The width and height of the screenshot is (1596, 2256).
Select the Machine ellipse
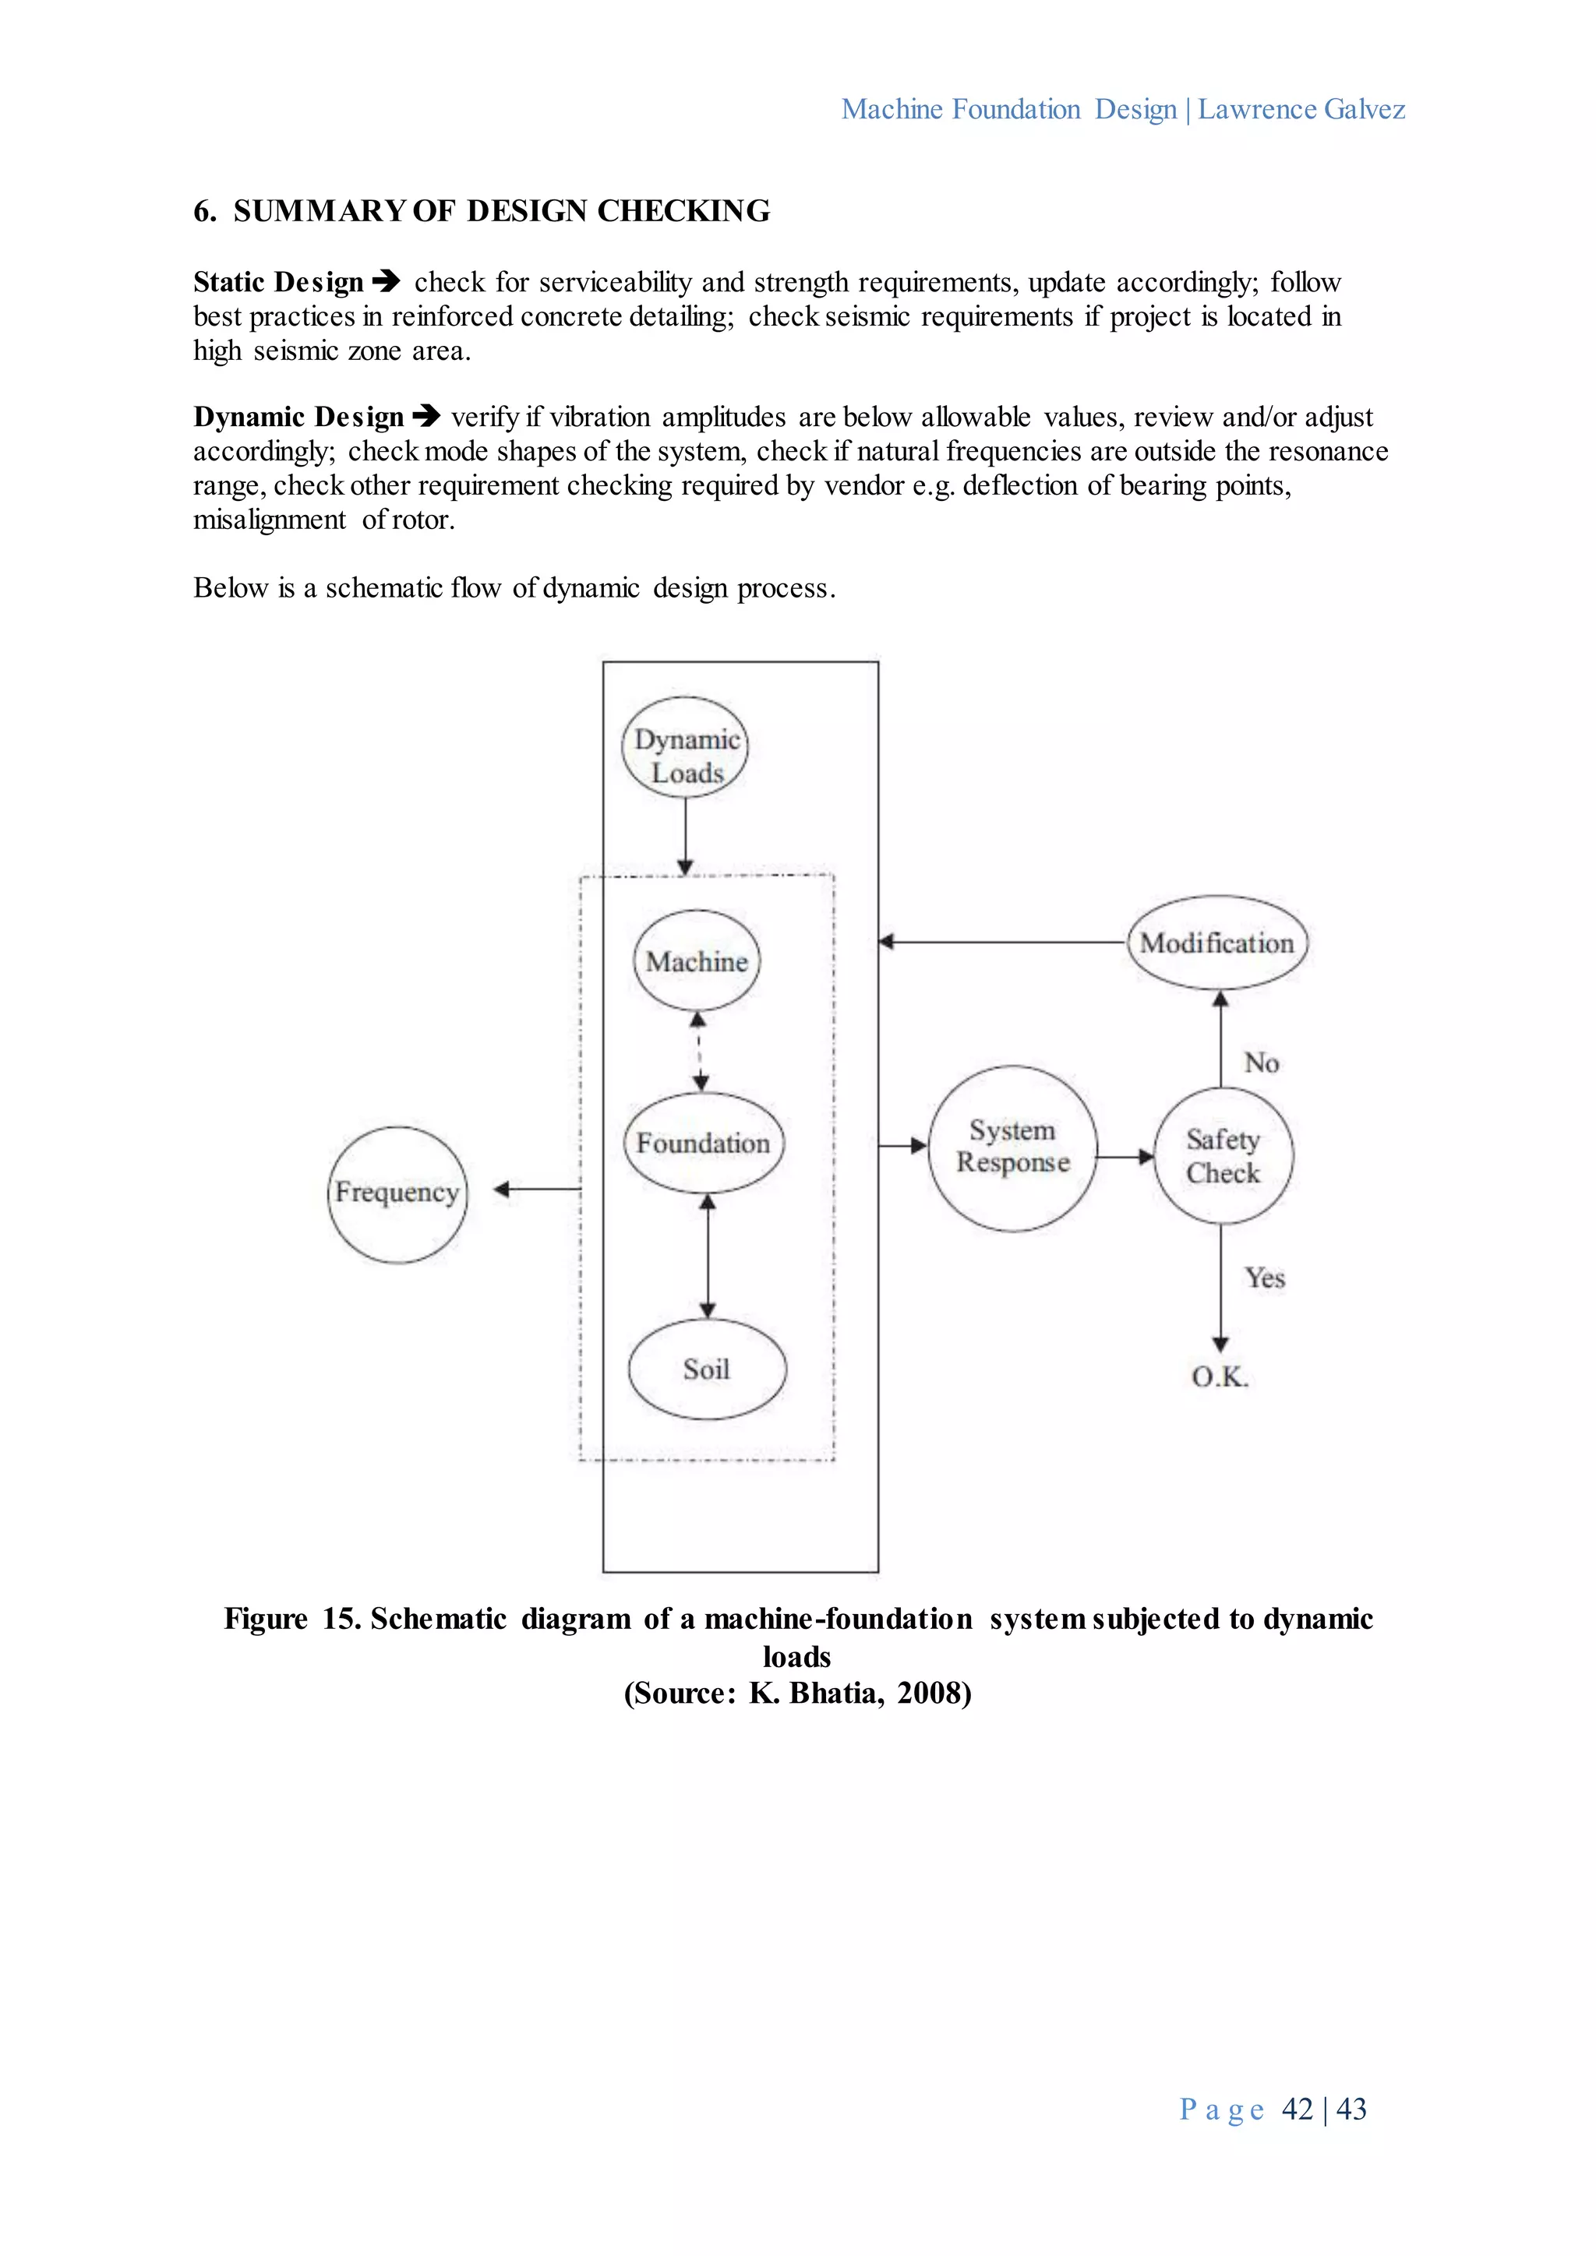click(697, 961)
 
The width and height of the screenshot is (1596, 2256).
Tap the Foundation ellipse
click(704, 1143)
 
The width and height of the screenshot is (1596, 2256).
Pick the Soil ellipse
click(707, 1369)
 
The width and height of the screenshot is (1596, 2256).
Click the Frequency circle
click(397, 1194)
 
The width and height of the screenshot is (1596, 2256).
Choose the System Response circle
click(1012, 1147)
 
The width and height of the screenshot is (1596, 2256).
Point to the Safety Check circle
click(1223, 1155)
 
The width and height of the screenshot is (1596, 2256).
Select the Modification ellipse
click(1216, 943)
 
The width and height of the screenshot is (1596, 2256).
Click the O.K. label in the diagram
click(1220, 1377)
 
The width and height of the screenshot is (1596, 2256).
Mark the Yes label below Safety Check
click(1265, 1278)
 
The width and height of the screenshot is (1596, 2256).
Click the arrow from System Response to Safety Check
click(1125, 1157)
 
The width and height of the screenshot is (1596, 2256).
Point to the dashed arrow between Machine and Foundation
click(700, 1052)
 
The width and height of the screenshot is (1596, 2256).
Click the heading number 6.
click(204, 211)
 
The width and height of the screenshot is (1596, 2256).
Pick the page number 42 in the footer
click(1298, 2108)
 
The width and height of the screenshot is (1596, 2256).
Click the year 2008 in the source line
click(934, 1692)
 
